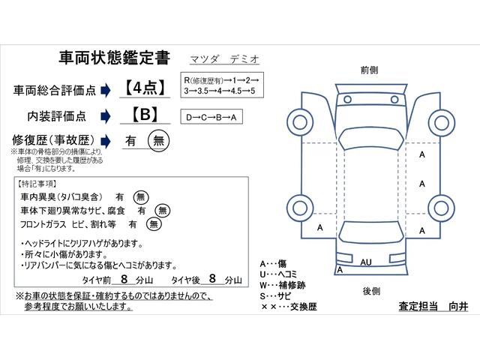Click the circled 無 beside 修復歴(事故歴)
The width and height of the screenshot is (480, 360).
[x=157, y=140]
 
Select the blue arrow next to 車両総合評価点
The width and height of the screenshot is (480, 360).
[x=105, y=89]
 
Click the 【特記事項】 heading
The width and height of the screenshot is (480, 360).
[x=40, y=184]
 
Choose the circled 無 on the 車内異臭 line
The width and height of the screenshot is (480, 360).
[x=140, y=196]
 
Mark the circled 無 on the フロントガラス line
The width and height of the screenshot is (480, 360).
[x=154, y=223]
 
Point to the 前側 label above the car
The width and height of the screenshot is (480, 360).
[x=369, y=69]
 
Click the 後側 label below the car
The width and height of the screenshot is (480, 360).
[x=370, y=290]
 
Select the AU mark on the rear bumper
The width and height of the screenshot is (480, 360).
[x=366, y=263]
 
